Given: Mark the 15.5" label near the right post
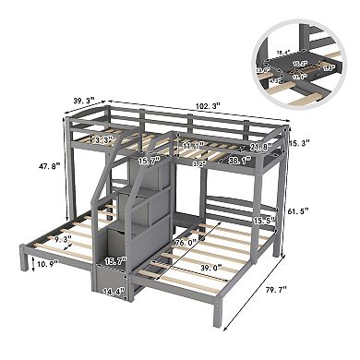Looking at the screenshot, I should [x=265, y=222].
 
